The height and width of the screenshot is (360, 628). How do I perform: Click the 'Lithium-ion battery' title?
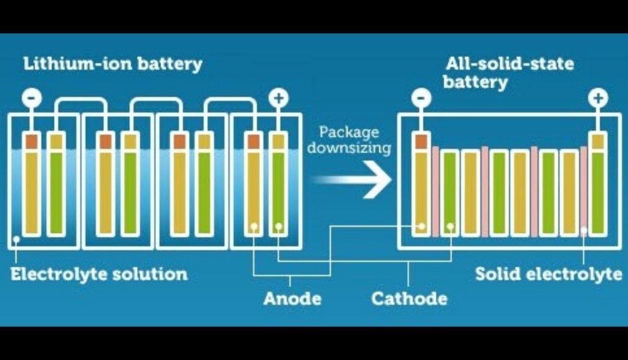click(113, 65)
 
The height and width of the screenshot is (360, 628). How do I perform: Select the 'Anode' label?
click(292, 299)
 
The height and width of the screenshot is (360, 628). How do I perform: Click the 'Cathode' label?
click(409, 299)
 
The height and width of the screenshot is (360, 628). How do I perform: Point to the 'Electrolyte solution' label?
click(99, 274)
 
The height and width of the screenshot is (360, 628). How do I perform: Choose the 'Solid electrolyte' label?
click(548, 274)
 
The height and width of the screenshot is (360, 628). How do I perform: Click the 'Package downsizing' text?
click(349, 140)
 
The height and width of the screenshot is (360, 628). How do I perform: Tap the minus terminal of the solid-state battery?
click(421, 98)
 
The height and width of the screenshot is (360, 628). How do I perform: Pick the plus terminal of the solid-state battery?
click(598, 98)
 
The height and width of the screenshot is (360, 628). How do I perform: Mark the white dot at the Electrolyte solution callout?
click(17, 239)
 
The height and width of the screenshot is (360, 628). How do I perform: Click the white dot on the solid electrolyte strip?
click(584, 229)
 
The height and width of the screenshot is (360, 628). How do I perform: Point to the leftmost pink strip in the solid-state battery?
click(435, 191)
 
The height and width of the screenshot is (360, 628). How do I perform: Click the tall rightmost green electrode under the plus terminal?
click(598, 191)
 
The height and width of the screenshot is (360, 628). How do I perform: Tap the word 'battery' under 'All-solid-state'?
click(475, 82)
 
